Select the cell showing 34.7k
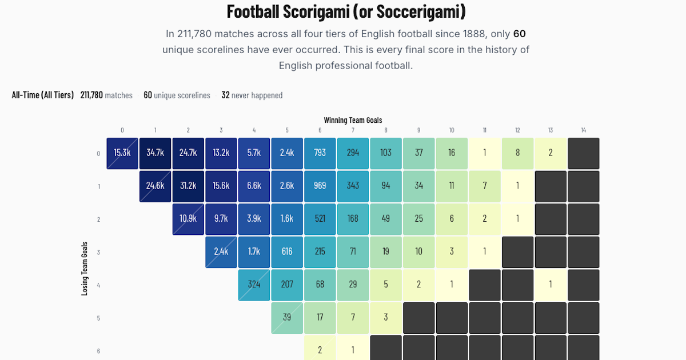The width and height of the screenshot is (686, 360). point(155,153)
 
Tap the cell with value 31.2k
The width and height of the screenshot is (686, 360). point(188,186)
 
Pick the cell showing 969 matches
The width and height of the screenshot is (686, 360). point(320,186)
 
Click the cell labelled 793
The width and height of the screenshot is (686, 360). point(320,153)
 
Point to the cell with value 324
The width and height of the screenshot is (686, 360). point(254,285)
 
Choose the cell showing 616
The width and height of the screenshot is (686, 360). point(287,252)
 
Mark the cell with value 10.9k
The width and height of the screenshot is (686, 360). point(188,219)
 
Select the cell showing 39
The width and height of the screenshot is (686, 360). point(287,318)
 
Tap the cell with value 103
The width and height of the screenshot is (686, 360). point(386,153)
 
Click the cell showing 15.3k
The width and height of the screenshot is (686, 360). point(122,153)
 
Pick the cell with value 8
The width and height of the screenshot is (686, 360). point(518,153)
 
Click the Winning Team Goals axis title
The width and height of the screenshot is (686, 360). point(353,120)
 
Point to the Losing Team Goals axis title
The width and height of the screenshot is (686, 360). point(85,268)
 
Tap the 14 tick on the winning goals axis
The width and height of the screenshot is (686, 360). point(583,130)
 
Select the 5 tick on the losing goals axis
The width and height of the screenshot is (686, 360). point(98,318)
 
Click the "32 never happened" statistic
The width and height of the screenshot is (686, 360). point(252,95)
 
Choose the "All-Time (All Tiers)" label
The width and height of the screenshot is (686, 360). point(43,95)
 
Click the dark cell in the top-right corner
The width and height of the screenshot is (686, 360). point(584,153)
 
